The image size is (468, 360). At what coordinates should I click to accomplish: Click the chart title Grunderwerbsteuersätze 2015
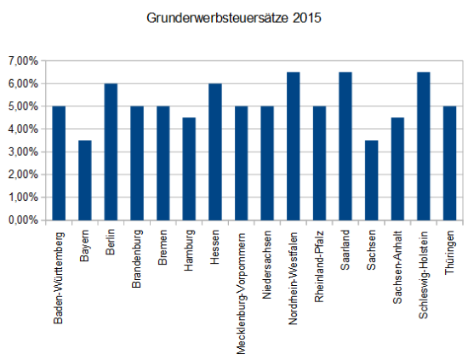[x=234, y=16]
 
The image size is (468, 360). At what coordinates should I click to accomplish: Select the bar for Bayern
[x=84, y=180]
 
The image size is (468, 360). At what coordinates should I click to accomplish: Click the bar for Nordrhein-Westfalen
[x=293, y=146]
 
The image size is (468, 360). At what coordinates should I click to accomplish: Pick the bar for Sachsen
[x=371, y=180]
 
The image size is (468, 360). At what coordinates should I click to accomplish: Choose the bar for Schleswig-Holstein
[x=423, y=146]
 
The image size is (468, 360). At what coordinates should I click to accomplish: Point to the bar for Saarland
[x=345, y=146]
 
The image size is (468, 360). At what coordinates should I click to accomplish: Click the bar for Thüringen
[x=449, y=163]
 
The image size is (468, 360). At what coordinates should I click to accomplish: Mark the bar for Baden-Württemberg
[x=59, y=163]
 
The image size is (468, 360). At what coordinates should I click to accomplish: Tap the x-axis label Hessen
[x=215, y=247]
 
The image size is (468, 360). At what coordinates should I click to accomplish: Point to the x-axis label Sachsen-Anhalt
[x=397, y=267]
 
